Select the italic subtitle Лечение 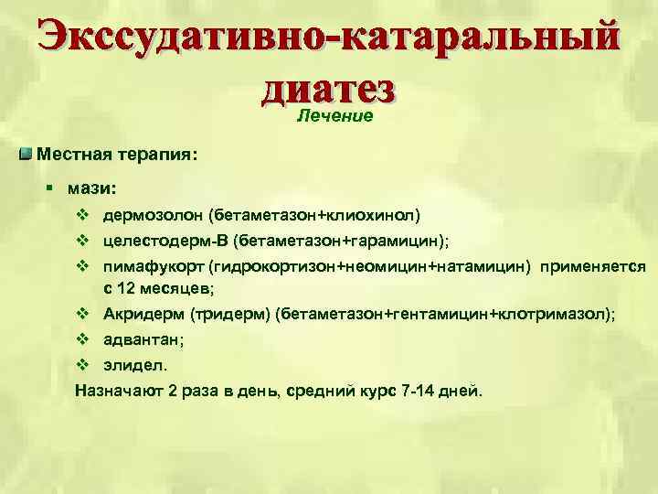click(335, 116)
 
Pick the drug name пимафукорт click(153, 266)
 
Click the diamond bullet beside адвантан click(81, 340)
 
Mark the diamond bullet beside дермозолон click(81, 216)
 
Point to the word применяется click(593, 266)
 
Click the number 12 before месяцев click(127, 289)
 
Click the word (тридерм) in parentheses click(233, 315)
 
